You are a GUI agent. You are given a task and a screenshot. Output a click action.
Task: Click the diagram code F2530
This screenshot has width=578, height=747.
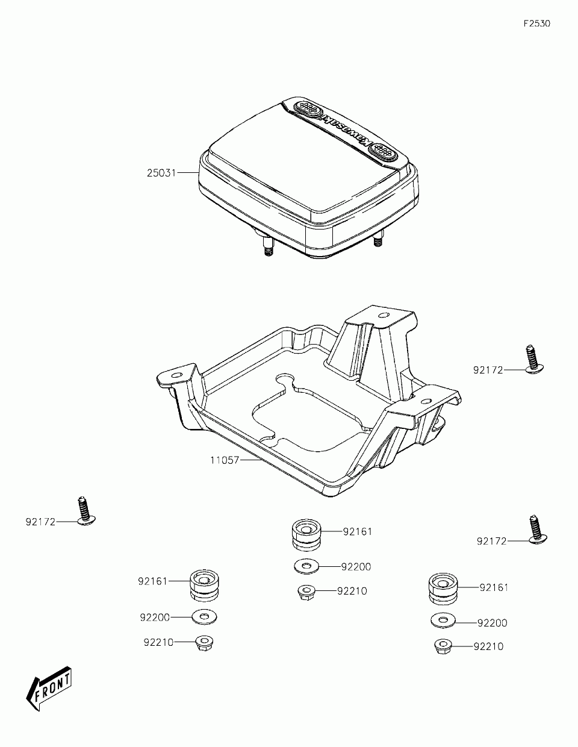(x=537, y=23)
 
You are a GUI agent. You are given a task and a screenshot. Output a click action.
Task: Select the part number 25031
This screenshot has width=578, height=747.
(x=161, y=172)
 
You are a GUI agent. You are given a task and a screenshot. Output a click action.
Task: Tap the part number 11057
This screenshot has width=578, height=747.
(x=225, y=460)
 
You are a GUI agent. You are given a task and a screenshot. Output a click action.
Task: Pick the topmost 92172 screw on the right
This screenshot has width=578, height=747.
(x=533, y=359)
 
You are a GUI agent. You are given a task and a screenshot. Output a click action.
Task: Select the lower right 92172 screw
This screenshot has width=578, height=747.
(x=536, y=534)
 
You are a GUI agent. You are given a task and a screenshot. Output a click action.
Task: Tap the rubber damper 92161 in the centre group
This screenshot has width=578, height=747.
(x=306, y=537)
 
